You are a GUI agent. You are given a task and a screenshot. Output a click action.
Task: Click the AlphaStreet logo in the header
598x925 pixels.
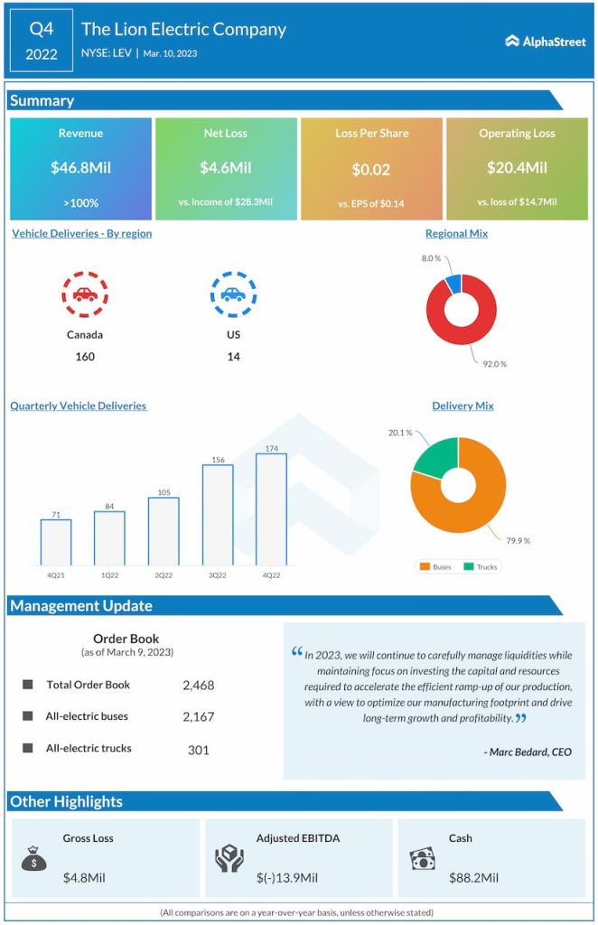point(546,41)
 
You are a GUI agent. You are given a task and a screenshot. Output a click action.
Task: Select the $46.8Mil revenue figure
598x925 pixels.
point(80,167)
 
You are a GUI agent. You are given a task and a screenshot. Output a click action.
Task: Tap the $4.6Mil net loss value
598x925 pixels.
point(225,167)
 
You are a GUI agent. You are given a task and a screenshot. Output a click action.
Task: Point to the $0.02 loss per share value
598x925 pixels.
point(371,169)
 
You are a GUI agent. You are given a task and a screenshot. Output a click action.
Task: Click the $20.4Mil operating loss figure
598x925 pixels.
point(517,167)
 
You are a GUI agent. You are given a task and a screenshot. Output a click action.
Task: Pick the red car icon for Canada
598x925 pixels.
point(85,294)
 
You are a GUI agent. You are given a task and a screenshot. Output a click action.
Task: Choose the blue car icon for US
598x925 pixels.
point(233,294)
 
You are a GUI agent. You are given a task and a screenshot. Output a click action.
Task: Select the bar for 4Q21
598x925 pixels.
point(56,542)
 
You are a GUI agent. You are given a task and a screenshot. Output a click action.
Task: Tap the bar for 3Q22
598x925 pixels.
point(218,515)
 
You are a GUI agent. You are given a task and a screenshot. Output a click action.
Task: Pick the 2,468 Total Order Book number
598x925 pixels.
point(198,686)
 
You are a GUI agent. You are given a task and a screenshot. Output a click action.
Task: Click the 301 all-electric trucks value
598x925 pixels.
point(198,749)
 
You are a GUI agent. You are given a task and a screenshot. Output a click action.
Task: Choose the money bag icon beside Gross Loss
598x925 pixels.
point(33,859)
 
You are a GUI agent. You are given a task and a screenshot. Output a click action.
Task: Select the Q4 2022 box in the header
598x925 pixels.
point(41,41)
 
